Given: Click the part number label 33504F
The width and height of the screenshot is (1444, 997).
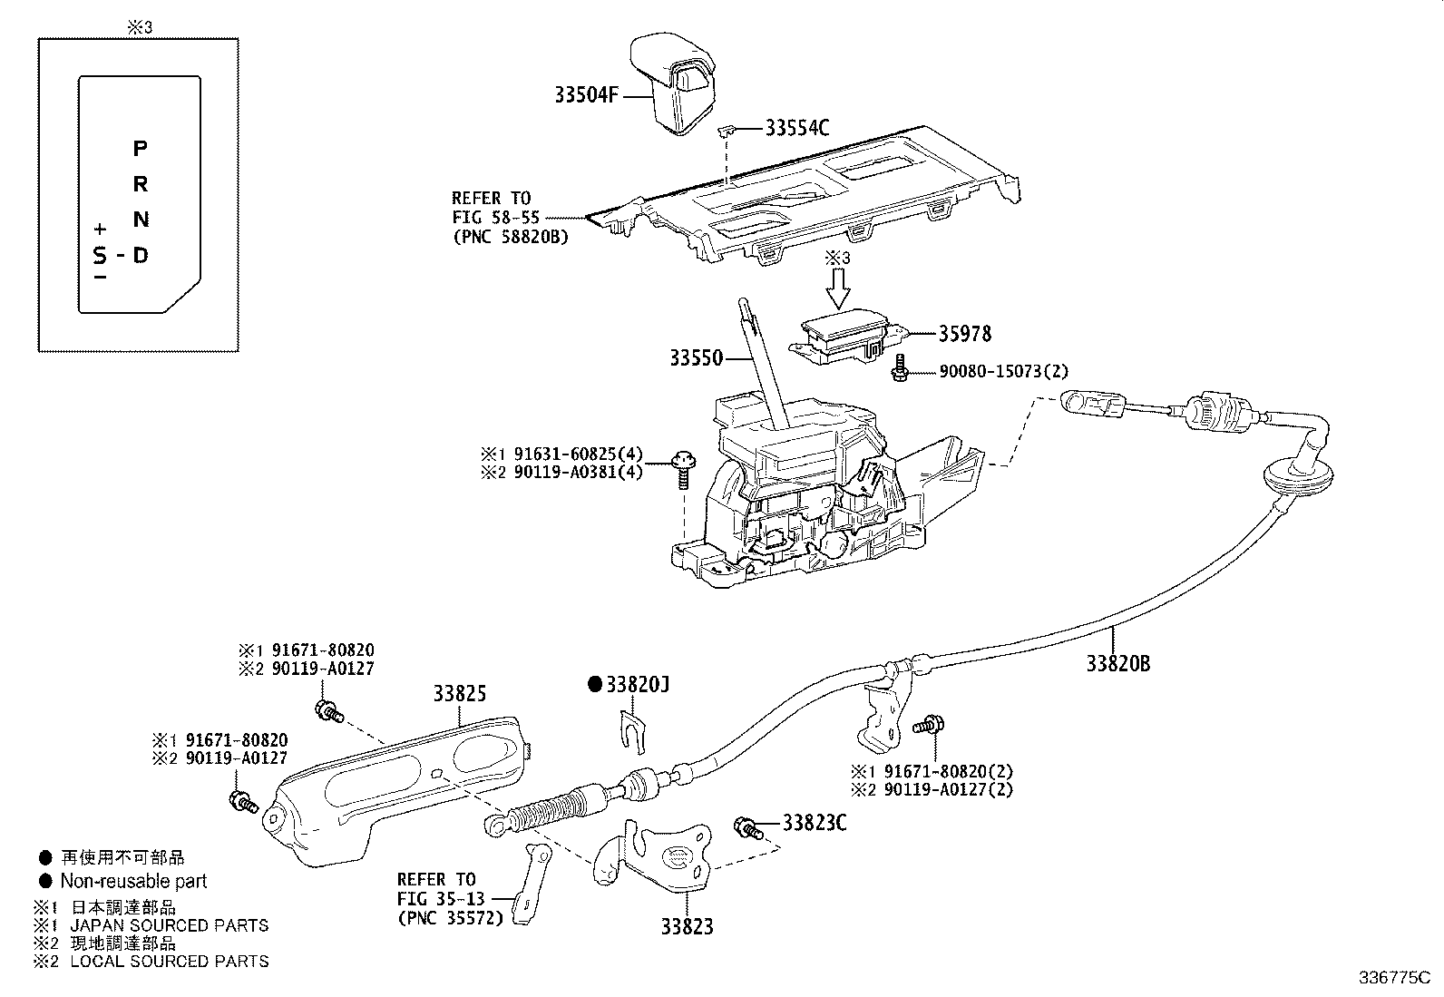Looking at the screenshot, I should [x=586, y=94].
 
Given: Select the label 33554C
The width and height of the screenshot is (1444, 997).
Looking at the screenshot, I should [x=796, y=128].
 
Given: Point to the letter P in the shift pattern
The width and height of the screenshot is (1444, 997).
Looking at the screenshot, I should [x=140, y=148].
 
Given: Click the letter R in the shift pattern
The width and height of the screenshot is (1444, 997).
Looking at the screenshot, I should [x=140, y=184].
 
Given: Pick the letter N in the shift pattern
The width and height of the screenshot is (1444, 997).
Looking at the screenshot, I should [x=140, y=220].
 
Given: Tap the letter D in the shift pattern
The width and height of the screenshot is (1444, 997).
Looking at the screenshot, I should [x=140, y=255].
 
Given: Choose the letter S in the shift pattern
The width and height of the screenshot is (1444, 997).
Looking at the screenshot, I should [x=99, y=255].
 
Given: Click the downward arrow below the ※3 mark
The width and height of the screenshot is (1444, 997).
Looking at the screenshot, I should [x=839, y=288].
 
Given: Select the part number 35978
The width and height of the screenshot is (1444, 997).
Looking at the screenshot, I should [x=964, y=334].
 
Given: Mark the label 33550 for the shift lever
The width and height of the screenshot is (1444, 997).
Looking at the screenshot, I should [x=697, y=358].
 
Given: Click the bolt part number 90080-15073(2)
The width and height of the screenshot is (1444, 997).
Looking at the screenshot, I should [x=991, y=372].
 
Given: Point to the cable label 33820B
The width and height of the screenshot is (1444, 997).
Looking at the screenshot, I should [x=1118, y=663].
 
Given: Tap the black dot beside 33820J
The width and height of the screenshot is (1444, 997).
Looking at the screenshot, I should [x=595, y=684].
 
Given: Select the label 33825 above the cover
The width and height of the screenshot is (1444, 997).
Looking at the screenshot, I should [x=459, y=695].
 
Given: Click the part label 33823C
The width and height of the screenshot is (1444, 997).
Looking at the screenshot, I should [x=815, y=824].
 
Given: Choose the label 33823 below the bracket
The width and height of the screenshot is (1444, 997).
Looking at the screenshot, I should [x=687, y=926].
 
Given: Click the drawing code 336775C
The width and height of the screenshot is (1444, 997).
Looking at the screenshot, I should [x=1392, y=979].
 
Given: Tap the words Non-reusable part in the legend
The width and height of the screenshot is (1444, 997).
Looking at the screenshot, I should [x=133, y=881].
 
